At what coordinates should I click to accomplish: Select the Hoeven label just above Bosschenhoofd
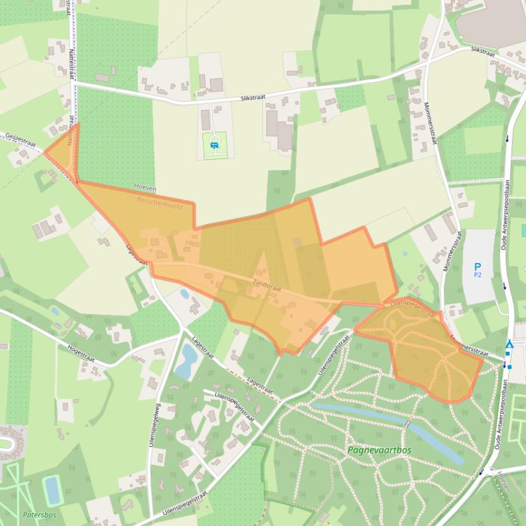pyautogui.click(x=146, y=188)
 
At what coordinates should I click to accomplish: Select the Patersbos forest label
pyautogui.click(x=38, y=514)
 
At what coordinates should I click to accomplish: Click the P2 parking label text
pyautogui.click(x=477, y=275)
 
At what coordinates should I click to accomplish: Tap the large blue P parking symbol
pyautogui.click(x=477, y=266)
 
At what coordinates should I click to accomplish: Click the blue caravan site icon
pyautogui.click(x=215, y=144)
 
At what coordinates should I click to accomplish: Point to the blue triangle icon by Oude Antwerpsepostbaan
pyautogui.click(x=509, y=345)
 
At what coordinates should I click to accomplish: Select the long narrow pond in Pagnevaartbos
pyautogui.click(x=383, y=421)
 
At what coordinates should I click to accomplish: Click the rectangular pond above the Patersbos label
pyautogui.click(x=52, y=489)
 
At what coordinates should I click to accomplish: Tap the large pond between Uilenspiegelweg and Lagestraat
pyautogui.click(x=185, y=361)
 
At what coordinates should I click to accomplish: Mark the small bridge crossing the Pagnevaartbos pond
pyautogui.click(x=408, y=424)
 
